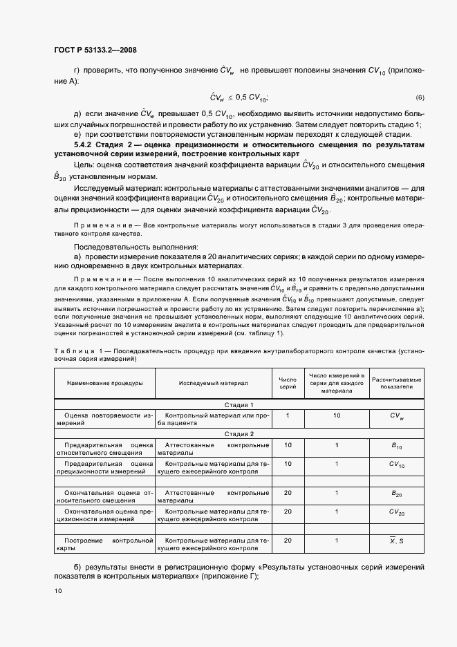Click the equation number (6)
(420, 97)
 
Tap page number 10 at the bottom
(58, 591)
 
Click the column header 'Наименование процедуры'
(105, 382)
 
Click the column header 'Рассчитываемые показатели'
(397, 382)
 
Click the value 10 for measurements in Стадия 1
(337, 416)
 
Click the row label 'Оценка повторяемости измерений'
(105, 420)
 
